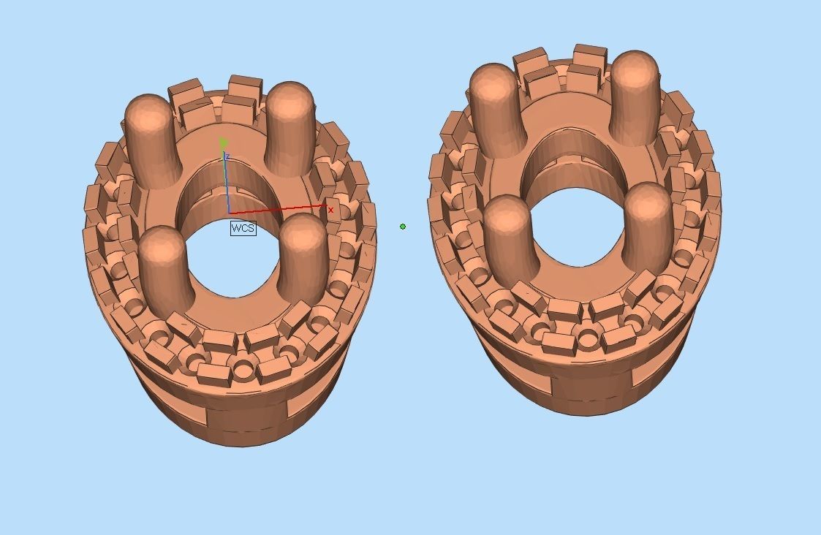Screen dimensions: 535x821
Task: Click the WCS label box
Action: (243, 228)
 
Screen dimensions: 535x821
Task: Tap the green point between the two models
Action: (403, 227)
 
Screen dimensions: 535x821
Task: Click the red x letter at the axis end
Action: (330, 210)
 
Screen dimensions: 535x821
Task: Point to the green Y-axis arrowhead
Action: (224, 143)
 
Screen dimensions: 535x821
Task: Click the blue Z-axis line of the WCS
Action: (227, 183)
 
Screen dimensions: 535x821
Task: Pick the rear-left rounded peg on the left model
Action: (152, 139)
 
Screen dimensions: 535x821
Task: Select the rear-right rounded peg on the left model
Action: (290, 128)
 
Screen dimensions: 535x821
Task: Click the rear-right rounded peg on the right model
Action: (635, 95)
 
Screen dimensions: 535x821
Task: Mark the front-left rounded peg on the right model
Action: (509, 238)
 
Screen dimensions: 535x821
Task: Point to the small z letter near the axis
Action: (229, 157)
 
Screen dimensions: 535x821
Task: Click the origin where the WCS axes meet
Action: (228, 213)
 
